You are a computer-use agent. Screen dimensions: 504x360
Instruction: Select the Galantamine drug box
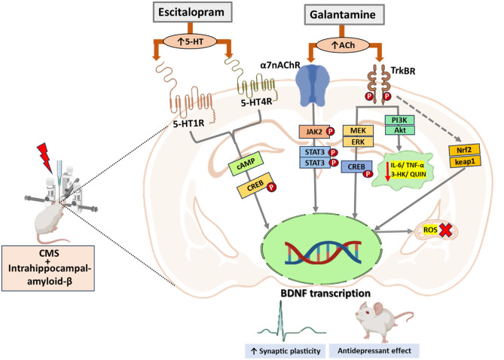click(344, 15)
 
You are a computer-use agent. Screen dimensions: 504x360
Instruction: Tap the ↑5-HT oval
click(191, 41)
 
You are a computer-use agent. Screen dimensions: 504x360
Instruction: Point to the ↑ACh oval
click(343, 45)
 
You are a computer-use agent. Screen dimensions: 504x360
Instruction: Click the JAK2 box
click(314, 132)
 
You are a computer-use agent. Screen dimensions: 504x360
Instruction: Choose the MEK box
click(358, 130)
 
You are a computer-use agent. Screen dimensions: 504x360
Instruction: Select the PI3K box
click(399, 121)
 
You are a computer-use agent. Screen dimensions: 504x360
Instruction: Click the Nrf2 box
click(464, 149)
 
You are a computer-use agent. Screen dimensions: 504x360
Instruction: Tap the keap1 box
click(465, 161)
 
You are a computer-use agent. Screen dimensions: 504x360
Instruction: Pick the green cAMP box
click(246, 163)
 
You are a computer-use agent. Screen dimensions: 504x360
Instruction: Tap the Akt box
click(400, 130)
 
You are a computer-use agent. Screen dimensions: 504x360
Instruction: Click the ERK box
click(358, 142)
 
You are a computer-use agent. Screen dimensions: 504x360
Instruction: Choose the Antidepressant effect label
click(374, 351)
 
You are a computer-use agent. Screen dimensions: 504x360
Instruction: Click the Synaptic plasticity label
click(286, 351)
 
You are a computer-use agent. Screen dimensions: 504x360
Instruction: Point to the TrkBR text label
click(403, 70)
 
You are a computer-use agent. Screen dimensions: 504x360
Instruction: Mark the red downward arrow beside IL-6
click(387, 171)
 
